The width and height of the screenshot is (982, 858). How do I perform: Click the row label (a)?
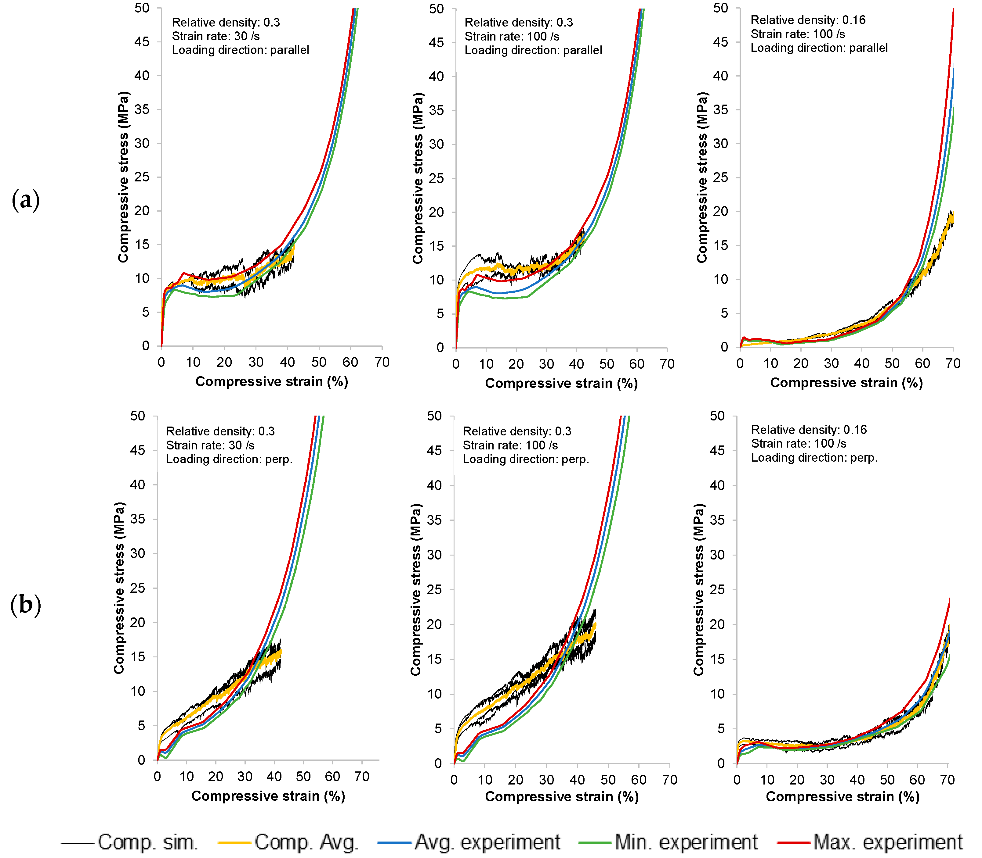25,200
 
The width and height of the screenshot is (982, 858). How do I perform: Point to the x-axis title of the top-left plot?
272,382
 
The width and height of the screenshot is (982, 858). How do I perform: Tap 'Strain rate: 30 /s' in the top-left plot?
216,36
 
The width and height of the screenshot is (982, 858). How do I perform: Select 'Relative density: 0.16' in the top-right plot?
808,20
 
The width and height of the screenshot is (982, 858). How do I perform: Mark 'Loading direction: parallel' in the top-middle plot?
533,50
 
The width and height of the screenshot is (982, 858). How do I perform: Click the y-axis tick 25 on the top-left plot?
142,177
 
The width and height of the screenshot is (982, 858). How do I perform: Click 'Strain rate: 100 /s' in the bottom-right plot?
799,444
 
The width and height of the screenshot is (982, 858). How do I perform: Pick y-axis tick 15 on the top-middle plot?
436,246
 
